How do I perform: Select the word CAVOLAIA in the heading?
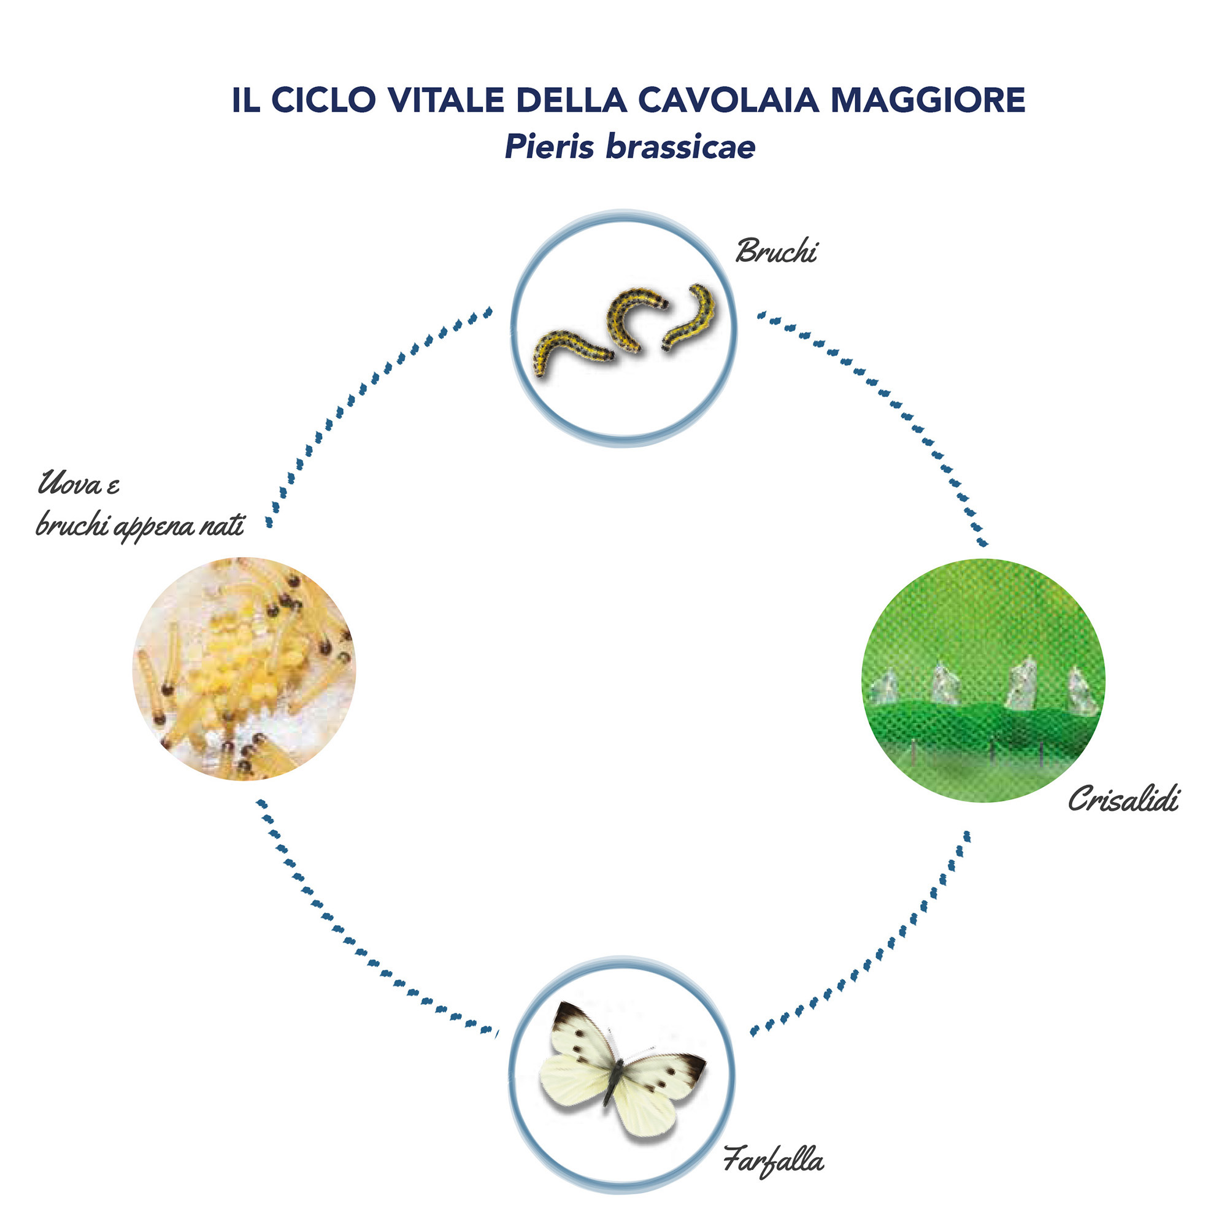coord(728,100)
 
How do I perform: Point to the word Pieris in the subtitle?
coord(550,147)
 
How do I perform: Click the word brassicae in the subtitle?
coord(681,147)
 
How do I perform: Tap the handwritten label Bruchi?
coord(776,250)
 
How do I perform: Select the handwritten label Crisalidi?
coord(1123,798)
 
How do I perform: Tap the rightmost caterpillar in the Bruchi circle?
coord(691,317)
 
